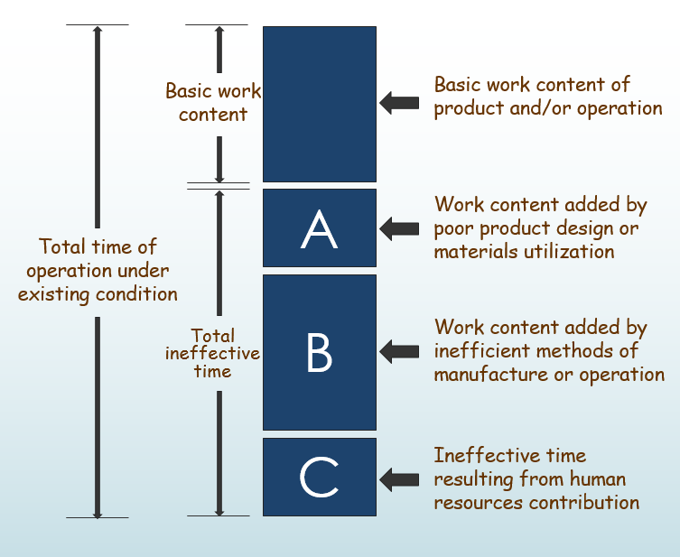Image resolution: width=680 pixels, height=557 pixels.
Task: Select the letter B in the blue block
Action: pos(319,353)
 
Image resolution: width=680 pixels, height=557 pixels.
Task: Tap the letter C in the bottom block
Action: pos(319,478)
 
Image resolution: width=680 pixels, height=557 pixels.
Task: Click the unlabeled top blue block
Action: pos(319,104)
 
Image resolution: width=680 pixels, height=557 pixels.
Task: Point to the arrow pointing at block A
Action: pos(398,229)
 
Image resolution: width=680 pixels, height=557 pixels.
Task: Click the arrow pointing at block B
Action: pos(398,349)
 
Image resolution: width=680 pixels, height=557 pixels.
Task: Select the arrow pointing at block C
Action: pos(398,478)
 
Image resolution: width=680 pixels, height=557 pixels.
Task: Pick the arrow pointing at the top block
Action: pos(398,103)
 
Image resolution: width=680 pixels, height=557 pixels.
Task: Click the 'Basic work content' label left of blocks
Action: pos(213,103)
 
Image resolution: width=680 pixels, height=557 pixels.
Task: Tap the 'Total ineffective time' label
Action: pos(212,353)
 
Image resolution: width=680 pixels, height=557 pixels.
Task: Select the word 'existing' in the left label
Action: pos(57,293)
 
